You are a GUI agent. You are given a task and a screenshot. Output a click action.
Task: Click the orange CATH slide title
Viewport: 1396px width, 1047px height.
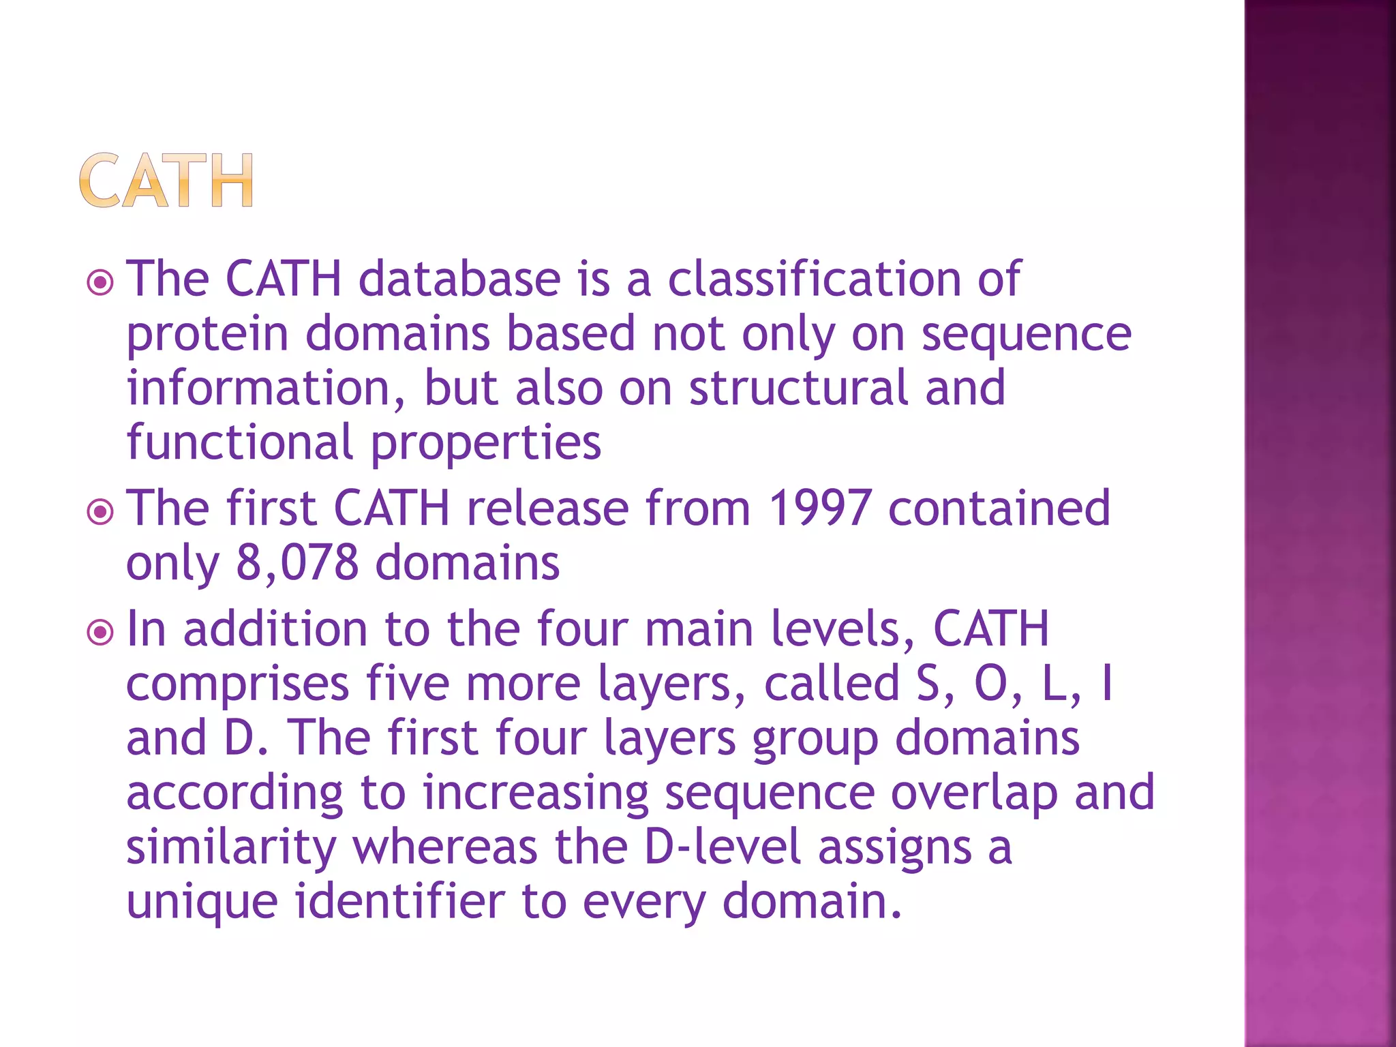[166, 181]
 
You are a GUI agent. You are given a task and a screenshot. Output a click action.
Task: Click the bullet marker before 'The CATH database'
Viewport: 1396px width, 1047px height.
[101, 282]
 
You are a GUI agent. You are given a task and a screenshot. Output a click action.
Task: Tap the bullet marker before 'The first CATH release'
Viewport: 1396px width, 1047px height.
[101, 511]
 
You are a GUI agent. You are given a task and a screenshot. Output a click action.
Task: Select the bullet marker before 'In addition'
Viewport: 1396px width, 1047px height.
[101, 632]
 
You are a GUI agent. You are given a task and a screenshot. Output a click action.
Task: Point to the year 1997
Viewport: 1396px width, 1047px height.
[819, 509]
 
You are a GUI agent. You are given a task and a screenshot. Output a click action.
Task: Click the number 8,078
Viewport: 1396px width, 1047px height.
[297, 564]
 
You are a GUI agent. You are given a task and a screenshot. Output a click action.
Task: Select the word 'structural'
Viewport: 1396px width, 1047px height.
[798, 388]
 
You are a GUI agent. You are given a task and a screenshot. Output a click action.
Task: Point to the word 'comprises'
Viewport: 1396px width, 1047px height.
[238, 685]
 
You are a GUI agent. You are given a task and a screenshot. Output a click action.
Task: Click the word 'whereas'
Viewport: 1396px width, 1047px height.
[445, 847]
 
